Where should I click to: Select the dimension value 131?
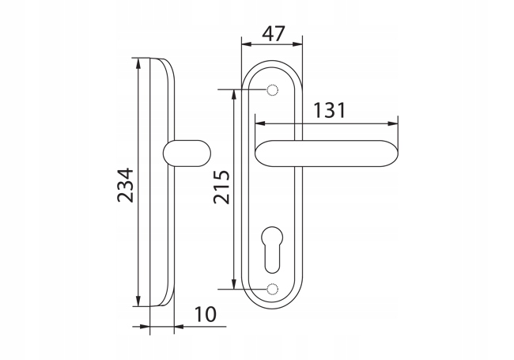pyautogui.click(x=330, y=110)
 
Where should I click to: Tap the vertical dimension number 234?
pyautogui.click(x=126, y=185)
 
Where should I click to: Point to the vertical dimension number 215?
pyautogui.click(x=222, y=187)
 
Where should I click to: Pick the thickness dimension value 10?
pyautogui.click(x=206, y=314)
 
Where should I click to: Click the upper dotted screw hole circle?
pyautogui.click(x=272, y=90)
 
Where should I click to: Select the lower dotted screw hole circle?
pyautogui.click(x=272, y=289)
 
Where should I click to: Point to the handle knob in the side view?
pyautogui.click(x=187, y=153)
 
